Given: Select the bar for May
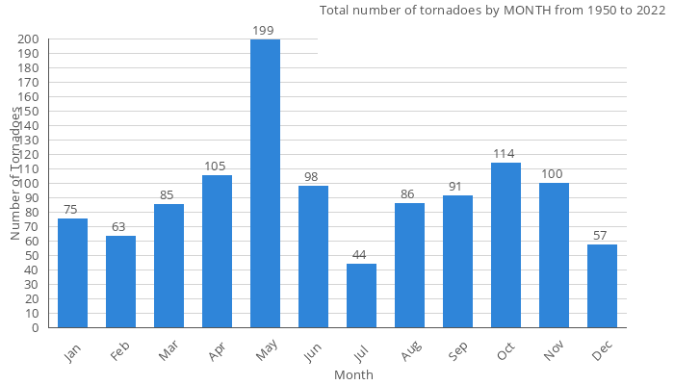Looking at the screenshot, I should coord(265,183).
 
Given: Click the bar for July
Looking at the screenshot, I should coord(361,295).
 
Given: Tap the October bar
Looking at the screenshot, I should coord(505,244).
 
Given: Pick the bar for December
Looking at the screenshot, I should coord(602,286).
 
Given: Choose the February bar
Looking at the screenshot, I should coord(120,281).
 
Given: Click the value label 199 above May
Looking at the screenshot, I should coord(264,31).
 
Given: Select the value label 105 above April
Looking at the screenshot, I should coord(216,167).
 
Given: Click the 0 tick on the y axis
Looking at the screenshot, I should coord(35,327).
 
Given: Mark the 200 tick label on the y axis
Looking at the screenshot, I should coord(28,39).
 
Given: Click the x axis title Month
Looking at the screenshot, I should coord(353,374).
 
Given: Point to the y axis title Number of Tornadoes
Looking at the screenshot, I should coord(15,173).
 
